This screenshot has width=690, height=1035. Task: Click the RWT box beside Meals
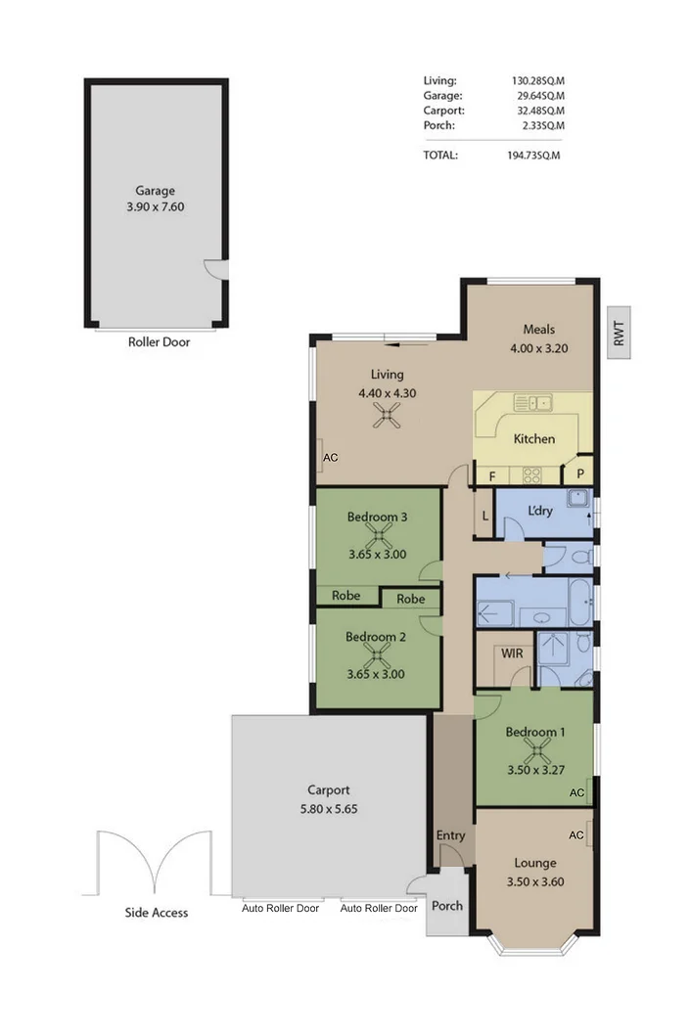[x=619, y=333]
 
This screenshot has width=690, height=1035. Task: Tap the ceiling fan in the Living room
[x=387, y=416]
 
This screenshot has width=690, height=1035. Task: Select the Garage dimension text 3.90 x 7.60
[x=156, y=206]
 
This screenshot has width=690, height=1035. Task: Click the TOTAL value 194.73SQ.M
[x=533, y=156]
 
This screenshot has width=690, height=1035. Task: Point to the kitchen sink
[x=533, y=402]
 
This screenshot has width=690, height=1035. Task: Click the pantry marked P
[x=580, y=473]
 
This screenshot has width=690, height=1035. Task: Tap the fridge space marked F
[x=492, y=475]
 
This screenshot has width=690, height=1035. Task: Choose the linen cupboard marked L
[x=484, y=516]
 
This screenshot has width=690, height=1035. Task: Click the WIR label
[x=512, y=653]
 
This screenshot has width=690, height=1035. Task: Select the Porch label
[x=447, y=906]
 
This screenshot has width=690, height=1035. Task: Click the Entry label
[x=451, y=835]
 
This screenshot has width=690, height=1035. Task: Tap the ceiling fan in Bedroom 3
[x=378, y=535]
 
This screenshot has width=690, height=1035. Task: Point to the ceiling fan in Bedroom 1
[x=536, y=751]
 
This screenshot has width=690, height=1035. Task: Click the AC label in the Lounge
[x=576, y=835]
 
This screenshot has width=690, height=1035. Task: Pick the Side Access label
[x=157, y=912]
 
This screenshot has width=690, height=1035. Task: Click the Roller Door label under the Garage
[x=160, y=342]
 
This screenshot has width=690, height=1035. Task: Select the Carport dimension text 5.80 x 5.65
[x=329, y=809]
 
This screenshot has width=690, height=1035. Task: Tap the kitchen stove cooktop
[x=532, y=474]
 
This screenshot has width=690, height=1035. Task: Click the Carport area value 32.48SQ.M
[x=541, y=111]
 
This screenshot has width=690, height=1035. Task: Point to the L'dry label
[x=540, y=511]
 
